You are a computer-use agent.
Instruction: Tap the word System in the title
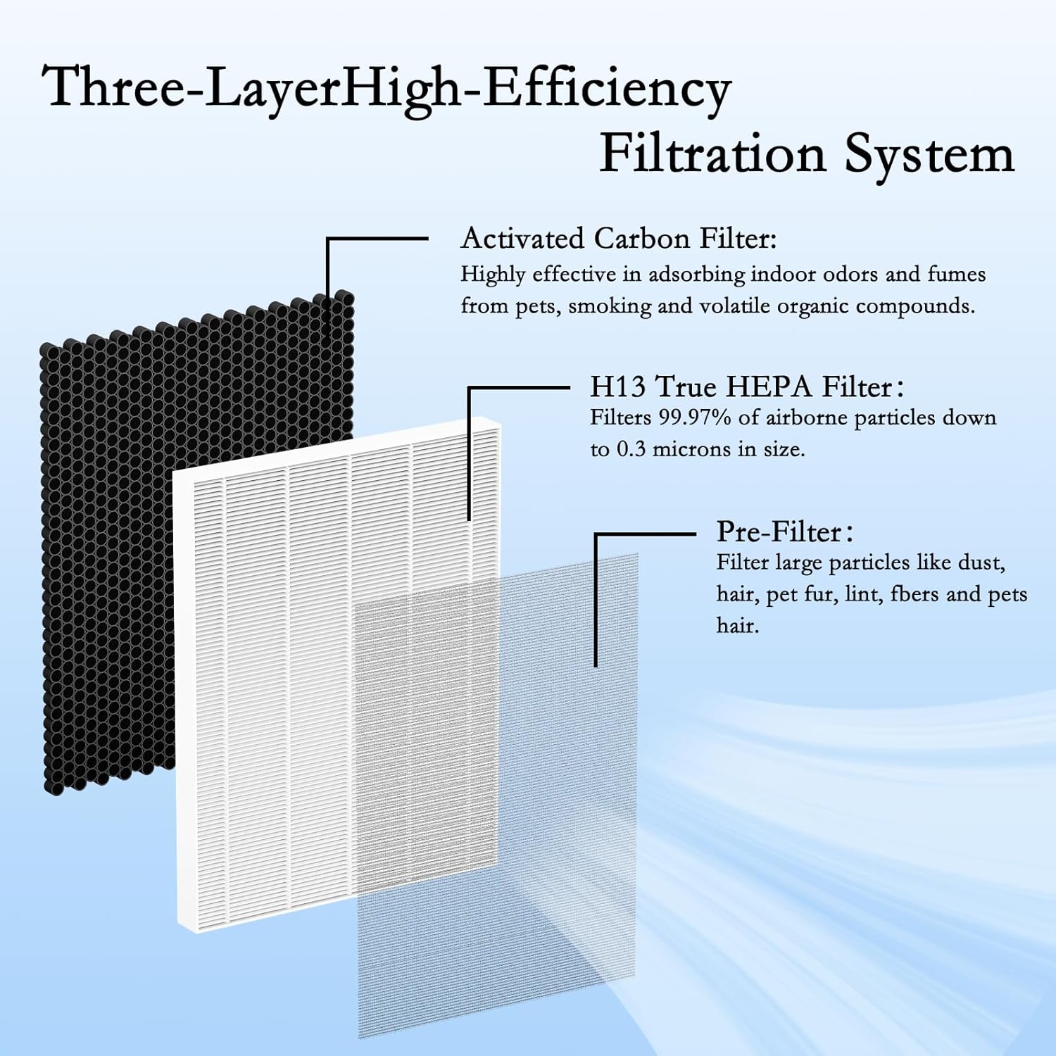point(929,155)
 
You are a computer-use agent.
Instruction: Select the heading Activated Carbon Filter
point(618,239)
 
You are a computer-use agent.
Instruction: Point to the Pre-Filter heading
point(779,532)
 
